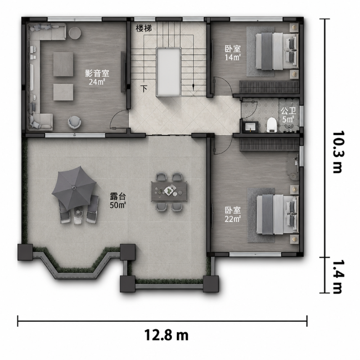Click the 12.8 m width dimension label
pyautogui.click(x=166, y=335)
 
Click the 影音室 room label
pyautogui.click(x=97, y=73)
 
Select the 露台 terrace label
pyautogui.click(x=118, y=197)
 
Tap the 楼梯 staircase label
pyautogui.click(x=144, y=29)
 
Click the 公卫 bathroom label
pyautogui.click(x=288, y=111)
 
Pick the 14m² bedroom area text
pyautogui.click(x=233, y=57)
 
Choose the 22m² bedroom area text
pyautogui.click(x=233, y=219)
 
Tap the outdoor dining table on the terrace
pyautogui.click(x=169, y=191)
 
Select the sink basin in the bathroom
pyautogui.click(x=250, y=127)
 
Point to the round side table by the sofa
pyautogui.click(x=75, y=33)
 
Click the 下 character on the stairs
pyautogui.click(x=144, y=89)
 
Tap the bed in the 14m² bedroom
pyautogui.click(x=277, y=51)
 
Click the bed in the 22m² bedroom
pyautogui.click(x=278, y=215)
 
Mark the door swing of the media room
pyautogui.click(x=119, y=119)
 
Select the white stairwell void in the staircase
pyautogui.click(x=168, y=72)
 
